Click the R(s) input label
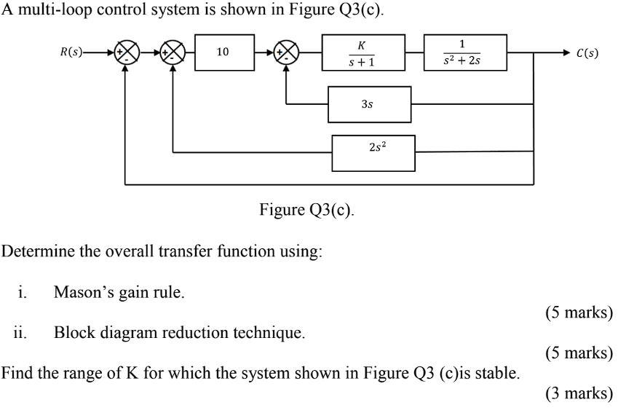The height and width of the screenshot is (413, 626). (71, 52)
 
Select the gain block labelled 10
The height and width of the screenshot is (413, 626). (223, 52)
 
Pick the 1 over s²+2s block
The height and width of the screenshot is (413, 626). (464, 52)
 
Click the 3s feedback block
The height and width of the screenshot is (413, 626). (369, 104)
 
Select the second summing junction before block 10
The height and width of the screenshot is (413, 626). (173, 52)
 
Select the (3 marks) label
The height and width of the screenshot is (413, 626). (579, 393)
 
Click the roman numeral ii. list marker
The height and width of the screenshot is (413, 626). (20, 333)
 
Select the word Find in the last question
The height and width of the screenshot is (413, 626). (17, 374)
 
